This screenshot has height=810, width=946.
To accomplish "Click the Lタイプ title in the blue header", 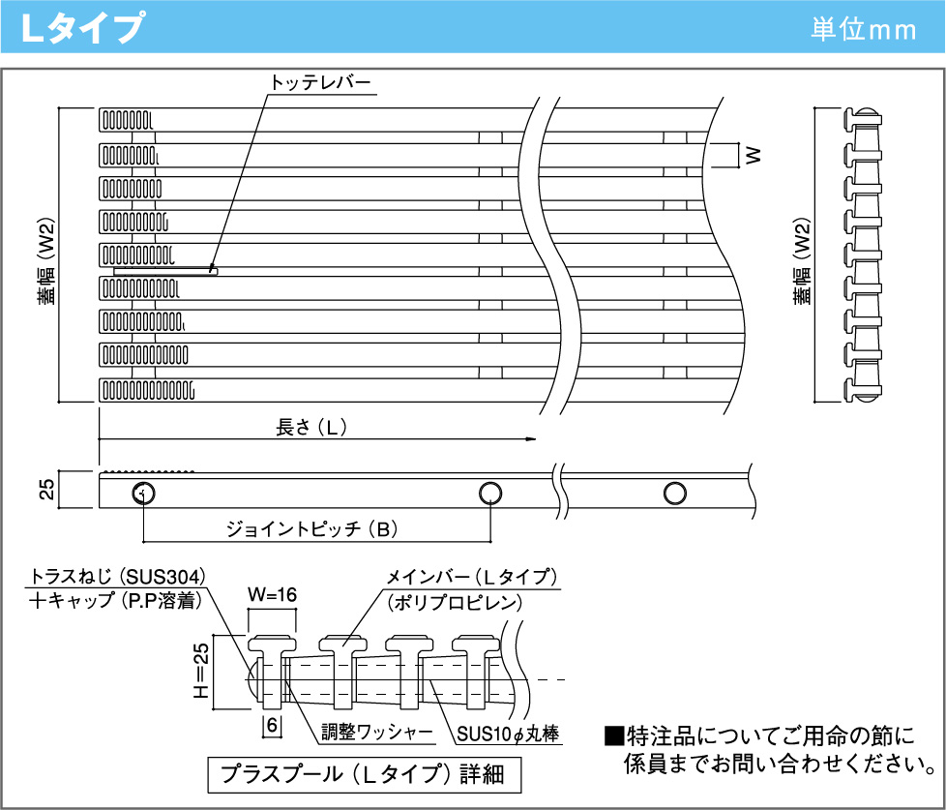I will [x=85, y=28].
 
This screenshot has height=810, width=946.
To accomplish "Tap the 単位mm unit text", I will [x=864, y=29].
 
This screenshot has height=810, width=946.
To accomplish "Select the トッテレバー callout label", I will [x=320, y=84].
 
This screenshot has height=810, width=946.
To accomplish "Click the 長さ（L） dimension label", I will [x=311, y=428].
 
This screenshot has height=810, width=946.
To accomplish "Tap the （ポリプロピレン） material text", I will [x=454, y=603].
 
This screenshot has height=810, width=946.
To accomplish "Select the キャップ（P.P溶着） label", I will [x=114, y=601].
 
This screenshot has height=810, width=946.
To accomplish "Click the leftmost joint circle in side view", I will [x=143, y=494].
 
